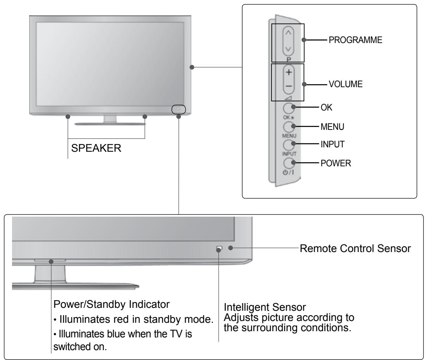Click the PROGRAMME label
point(355,40)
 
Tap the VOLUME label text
point(345,84)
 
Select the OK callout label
point(327,107)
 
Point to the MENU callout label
point(332,127)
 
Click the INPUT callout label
point(332,144)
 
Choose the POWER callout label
point(336,163)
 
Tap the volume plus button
point(289,72)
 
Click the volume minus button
point(289,86)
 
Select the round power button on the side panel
point(289,163)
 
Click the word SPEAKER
point(96,148)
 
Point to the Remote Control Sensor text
point(355,248)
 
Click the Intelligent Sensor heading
point(265,307)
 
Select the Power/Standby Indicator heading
point(111,304)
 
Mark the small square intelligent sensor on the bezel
point(219,248)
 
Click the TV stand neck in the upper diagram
point(110,119)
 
